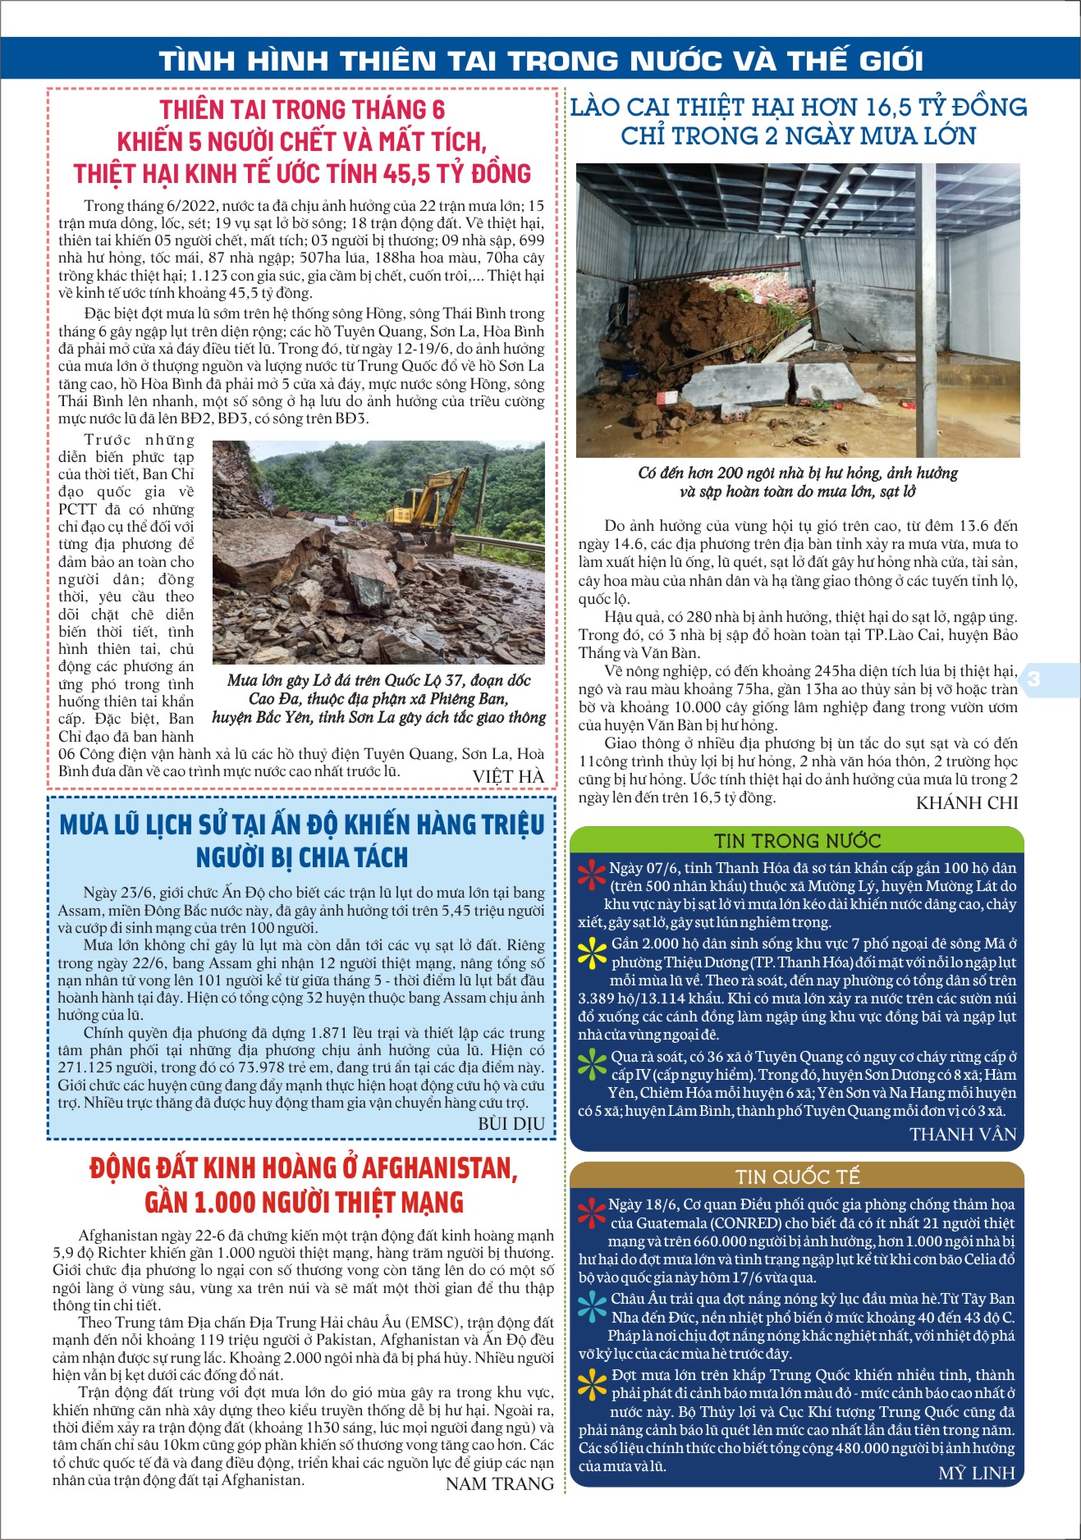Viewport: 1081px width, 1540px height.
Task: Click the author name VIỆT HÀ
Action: coord(508,776)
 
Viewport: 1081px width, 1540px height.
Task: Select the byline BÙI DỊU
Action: coord(511,1123)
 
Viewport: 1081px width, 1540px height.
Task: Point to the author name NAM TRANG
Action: coord(499,1483)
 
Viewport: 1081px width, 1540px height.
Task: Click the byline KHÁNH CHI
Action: coord(966,803)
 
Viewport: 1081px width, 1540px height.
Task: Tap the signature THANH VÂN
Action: coord(963,1134)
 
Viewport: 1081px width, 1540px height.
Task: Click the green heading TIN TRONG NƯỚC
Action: coord(797,841)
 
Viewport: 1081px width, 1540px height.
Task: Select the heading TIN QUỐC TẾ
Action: coord(797,1177)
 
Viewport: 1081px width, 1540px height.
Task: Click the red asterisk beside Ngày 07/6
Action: coord(592,875)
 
